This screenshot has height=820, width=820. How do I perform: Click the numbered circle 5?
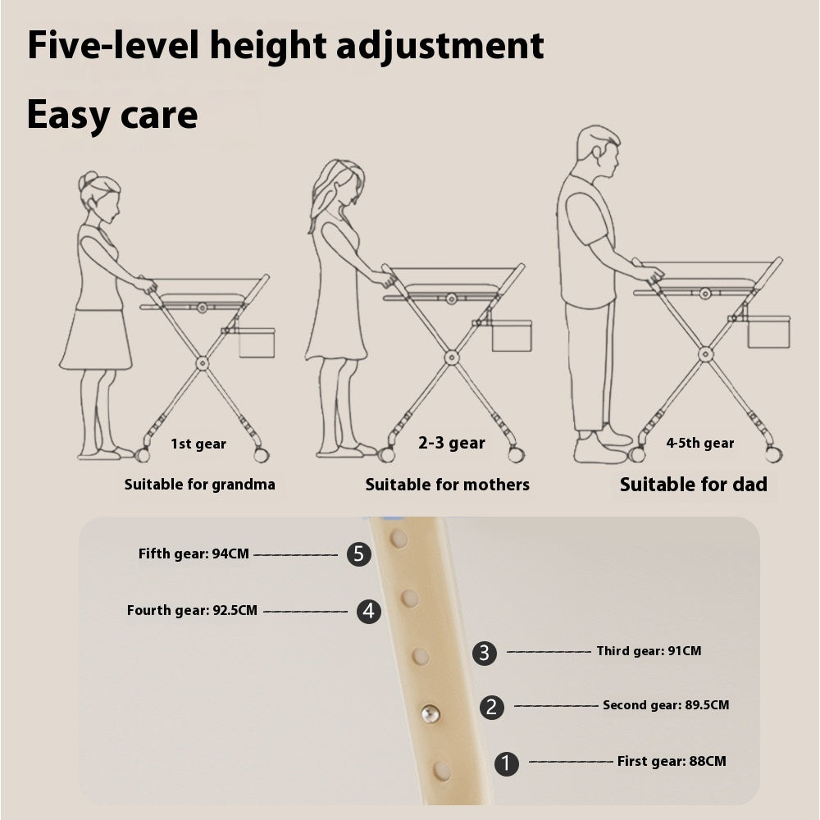tap(358, 554)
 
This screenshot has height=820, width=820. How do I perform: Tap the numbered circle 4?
tap(369, 611)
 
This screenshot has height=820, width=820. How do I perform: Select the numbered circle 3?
tap(485, 653)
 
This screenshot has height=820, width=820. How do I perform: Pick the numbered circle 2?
tap(491, 707)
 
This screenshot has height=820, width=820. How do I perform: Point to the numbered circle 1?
tap(507, 763)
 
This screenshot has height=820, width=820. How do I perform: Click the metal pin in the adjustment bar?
tap(430, 714)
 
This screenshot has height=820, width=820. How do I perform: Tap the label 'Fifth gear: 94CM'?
tap(194, 553)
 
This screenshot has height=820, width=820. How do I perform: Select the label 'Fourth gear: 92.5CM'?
tap(192, 610)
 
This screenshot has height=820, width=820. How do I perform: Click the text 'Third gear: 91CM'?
tap(649, 651)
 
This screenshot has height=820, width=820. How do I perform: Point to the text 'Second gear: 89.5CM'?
tap(665, 704)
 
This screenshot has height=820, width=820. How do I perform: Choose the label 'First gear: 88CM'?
tap(671, 761)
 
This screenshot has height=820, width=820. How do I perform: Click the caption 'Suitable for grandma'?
tap(199, 484)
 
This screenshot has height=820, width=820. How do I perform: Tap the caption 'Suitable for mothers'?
tap(447, 485)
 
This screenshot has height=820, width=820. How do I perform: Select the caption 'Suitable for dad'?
tap(693, 485)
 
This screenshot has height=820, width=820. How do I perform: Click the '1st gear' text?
tap(198, 444)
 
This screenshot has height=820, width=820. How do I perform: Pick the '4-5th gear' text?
tap(699, 443)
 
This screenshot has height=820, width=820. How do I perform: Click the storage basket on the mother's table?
tap(511, 336)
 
